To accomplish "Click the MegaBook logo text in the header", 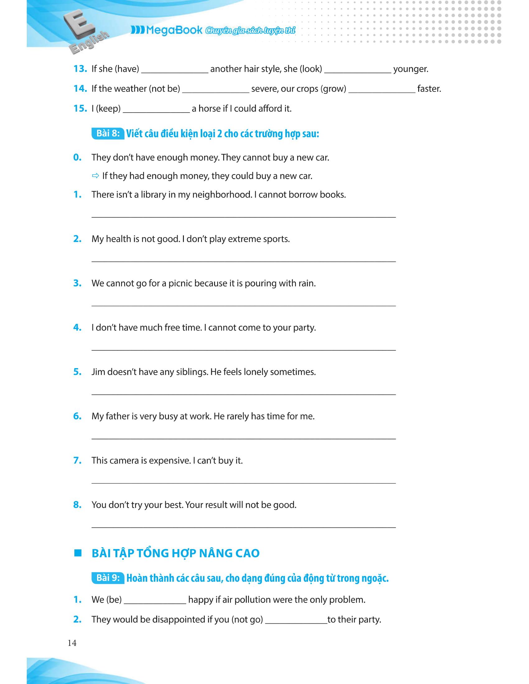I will [x=174, y=30].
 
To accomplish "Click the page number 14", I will [x=72, y=643].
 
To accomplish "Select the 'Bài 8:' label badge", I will [x=108, y=134].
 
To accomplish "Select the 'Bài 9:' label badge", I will [x=108, y=578].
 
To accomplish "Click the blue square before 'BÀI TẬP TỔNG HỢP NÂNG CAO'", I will [x=77, y=553].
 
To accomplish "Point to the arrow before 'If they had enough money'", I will [x=95, y=176].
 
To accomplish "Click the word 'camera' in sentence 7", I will [x=125, y=461].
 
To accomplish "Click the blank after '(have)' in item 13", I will [x=175, y=70].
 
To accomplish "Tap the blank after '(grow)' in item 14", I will [x=382, y=89].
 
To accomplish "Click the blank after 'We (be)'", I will [x=155, y=600].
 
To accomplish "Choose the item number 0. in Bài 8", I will [x=77, y=158].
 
